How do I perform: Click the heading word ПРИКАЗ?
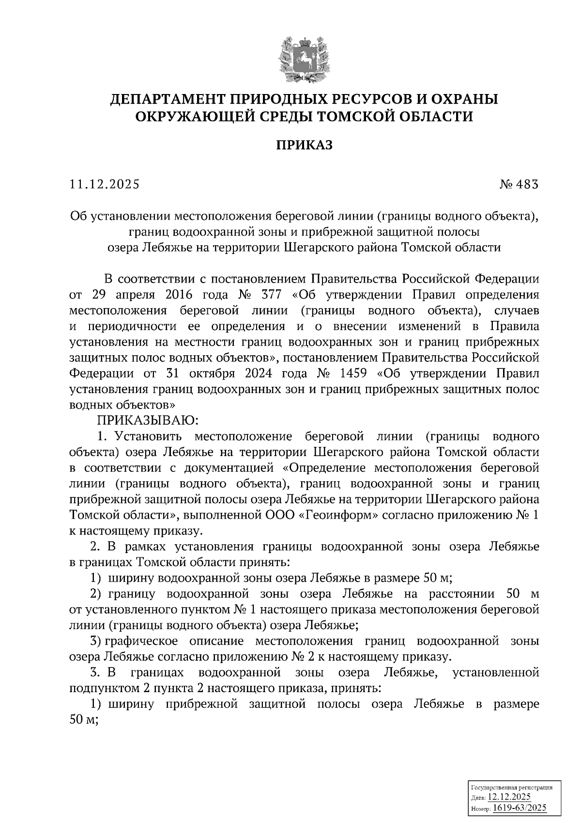coord(304,145)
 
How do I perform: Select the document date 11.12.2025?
coord(104,184)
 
